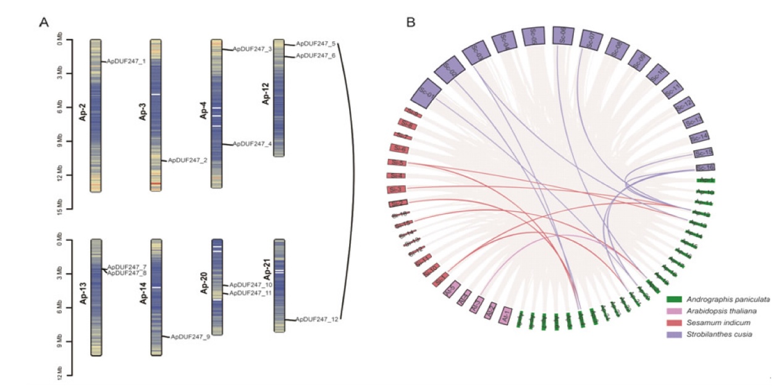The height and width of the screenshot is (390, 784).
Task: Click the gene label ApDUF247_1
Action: (x=127, y=61)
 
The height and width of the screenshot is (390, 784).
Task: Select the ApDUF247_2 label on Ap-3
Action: (x=188, y=160)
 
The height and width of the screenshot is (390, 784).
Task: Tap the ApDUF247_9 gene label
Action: (x=190, y=337)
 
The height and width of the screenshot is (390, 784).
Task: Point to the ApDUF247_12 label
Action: (x=317, y=320)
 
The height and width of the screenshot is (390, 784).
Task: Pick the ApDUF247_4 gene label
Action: (x=252, y=144)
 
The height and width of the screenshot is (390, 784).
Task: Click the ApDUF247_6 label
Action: (x=315, y=56)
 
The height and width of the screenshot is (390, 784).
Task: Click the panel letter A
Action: (x=44, y=23)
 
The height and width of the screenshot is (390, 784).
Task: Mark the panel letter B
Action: (x=411, y=23)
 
